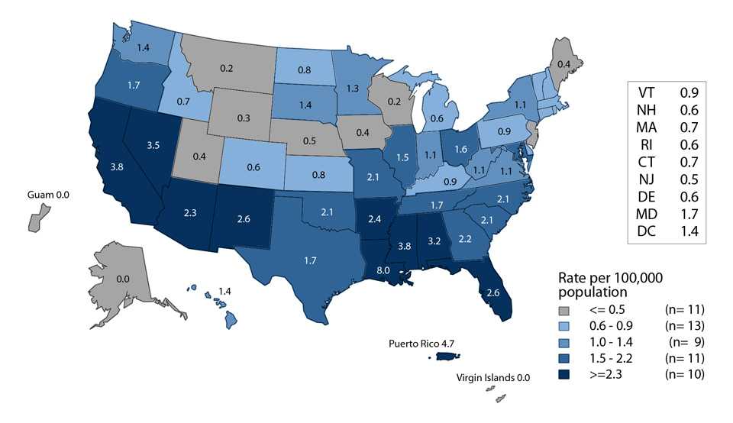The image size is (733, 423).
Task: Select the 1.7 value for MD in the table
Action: click(690, 212)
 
